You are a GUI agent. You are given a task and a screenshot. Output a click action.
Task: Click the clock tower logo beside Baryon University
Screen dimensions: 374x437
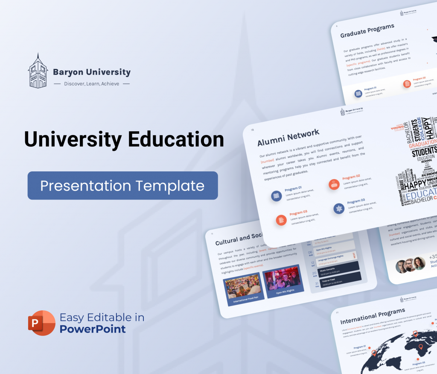[37, 71]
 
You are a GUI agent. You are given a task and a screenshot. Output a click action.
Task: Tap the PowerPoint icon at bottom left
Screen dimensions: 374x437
[42, 323]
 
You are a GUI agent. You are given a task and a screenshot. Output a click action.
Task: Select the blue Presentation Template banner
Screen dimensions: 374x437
[122, 186]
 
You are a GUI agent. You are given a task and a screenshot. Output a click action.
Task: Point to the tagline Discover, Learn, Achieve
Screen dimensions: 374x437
[91, 84]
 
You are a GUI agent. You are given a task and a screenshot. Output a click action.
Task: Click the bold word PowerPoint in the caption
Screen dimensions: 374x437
[93, 329]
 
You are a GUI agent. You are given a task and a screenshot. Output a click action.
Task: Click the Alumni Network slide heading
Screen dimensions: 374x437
[288, 137]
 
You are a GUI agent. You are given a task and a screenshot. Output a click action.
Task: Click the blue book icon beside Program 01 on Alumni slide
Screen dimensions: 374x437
[276, 196]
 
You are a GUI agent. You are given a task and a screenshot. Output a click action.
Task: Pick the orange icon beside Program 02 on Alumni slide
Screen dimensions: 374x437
[334, 184]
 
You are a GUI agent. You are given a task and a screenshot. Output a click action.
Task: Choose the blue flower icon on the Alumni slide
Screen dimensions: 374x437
[339, 209]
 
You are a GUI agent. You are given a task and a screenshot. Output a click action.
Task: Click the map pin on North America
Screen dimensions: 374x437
[374, 353]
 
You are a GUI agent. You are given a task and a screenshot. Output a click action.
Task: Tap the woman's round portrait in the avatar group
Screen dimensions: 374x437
[419, 262]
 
